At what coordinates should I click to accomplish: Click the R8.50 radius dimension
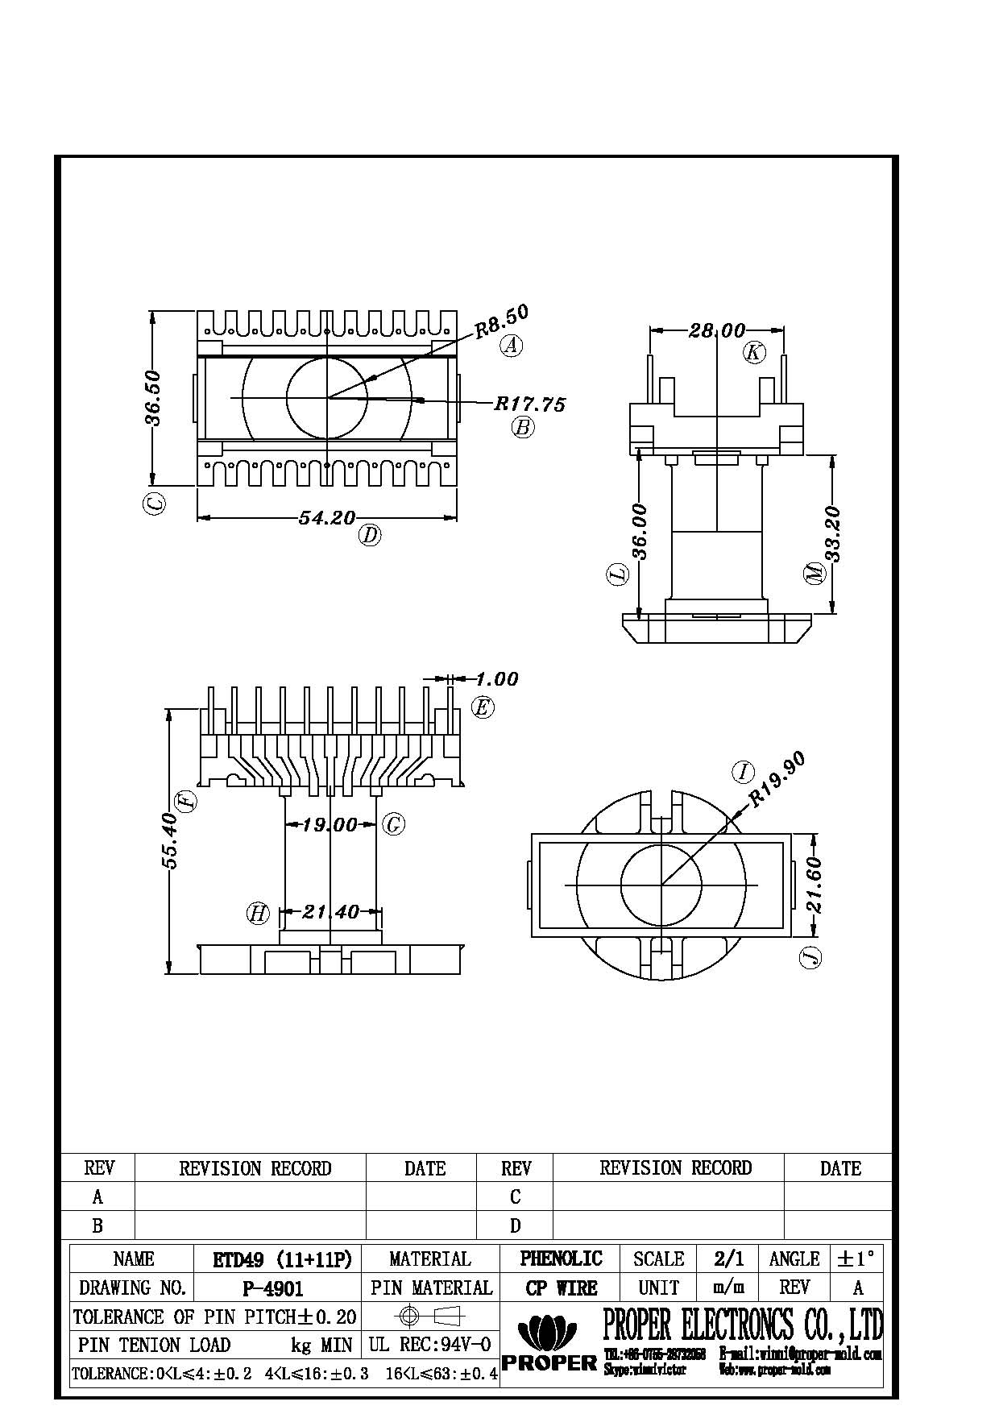(x=501, y=321)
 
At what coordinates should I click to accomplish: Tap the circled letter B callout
(x=523, y=427)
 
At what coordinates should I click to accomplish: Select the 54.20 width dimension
(x=326, y=518)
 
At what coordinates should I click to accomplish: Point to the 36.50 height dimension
(x=153, y=398)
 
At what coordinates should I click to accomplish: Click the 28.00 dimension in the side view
(x=716, y=330)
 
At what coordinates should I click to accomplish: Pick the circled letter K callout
(x=754, y=352)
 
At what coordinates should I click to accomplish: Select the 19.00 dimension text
(x=330, y=824)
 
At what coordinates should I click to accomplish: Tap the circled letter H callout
(x=258, y=913)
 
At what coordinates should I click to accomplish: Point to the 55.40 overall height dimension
(x=170, y=840)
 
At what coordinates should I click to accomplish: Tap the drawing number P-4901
(x=272, y=1288)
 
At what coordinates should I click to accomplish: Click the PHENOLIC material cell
(x=561, y=1259)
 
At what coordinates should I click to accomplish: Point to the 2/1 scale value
(x=728, y=1259)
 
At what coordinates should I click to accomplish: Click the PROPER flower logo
(x=548, y=1333)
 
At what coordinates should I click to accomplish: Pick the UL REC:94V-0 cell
(x=430, y=1344)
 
